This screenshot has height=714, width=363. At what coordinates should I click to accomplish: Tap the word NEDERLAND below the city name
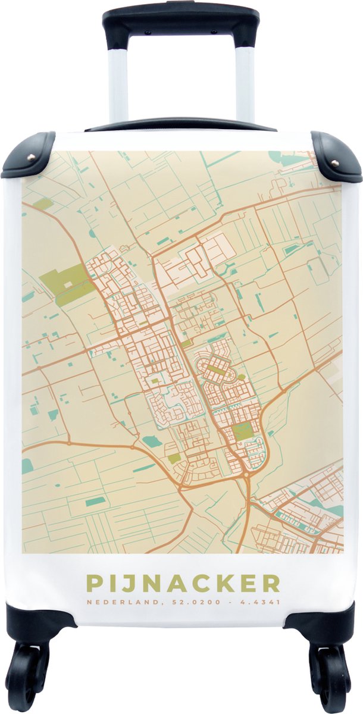(115, 602)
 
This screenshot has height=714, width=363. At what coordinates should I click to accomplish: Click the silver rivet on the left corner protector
(31, 164)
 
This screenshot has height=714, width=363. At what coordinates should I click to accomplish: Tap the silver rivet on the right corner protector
(334, 163)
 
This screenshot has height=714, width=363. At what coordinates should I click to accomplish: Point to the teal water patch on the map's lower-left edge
(27, 466)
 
